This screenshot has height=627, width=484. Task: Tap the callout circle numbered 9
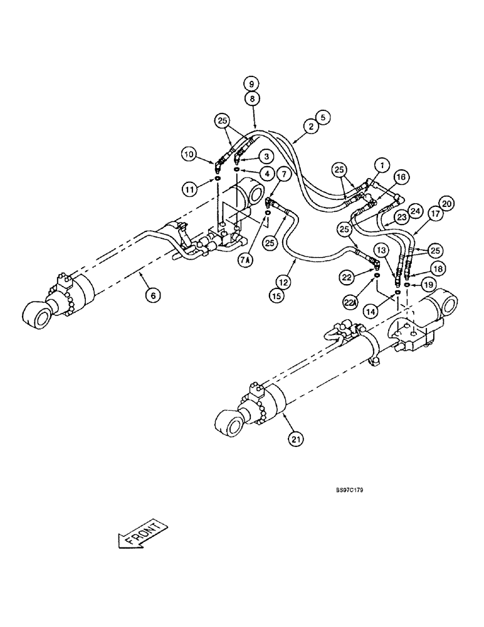pos(251,83)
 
